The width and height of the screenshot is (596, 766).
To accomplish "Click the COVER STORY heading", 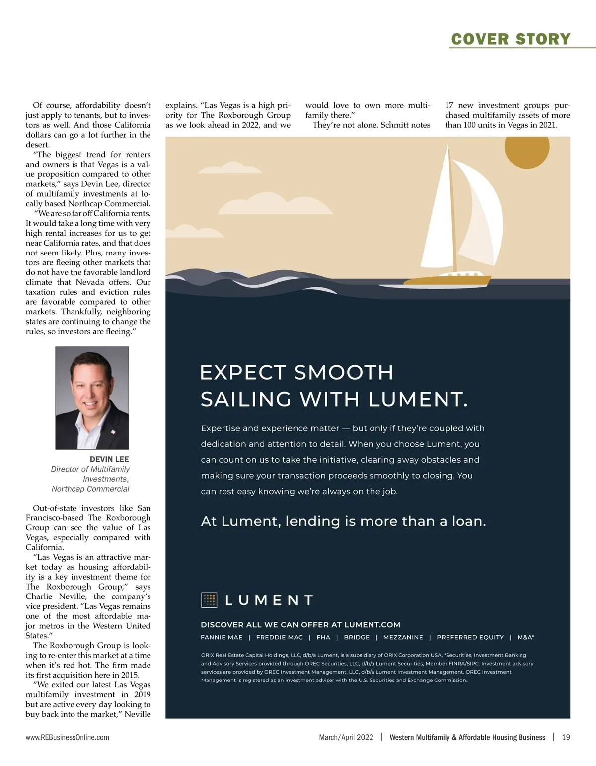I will click(511, 39).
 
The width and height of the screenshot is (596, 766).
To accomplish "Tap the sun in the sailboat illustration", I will click(527, 147).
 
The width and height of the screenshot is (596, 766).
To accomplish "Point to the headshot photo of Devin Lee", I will click(92, 398).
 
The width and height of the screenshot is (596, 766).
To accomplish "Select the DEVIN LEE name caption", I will click(109, 459).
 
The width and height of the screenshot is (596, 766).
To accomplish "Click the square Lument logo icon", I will click(210, 600).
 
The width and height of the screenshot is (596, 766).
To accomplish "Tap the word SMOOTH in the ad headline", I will click(343, 372).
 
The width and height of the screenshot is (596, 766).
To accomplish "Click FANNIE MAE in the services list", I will click(222, 637).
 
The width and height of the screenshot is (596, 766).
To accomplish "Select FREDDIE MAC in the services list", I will click(279, 637).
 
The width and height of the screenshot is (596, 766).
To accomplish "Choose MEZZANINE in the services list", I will click(403, 637).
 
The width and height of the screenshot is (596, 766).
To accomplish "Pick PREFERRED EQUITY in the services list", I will click(470, 637).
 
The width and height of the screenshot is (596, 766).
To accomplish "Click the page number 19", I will click(566, 737).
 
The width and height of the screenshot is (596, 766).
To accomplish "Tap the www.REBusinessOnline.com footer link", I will click(68, 737).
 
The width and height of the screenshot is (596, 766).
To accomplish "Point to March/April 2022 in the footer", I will click(346, 737).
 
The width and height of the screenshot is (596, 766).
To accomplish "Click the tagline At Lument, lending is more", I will click(343, 521).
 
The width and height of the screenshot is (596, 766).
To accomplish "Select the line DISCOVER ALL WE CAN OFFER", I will click(300, 625).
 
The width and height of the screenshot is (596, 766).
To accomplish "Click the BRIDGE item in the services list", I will click(357, 637).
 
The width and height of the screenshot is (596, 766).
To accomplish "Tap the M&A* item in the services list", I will click(525, 637).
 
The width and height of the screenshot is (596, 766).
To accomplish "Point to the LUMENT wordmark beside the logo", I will click(269, 600).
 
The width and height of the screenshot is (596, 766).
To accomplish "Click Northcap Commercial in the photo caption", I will click(90, 489).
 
